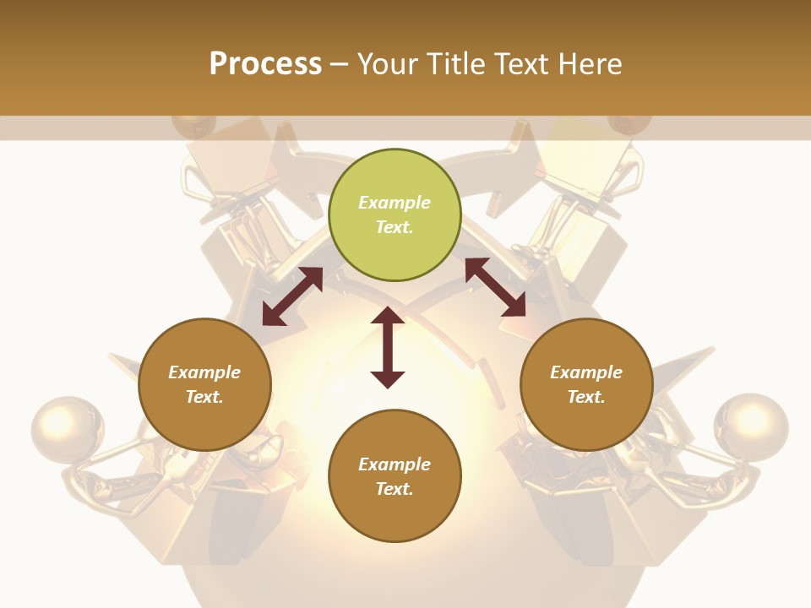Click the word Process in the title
[265, 64]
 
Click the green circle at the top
[395, 215]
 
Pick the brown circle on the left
[204, 384]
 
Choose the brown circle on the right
[586, 384]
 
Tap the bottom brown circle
[395, 476]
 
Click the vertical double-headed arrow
[388, 347]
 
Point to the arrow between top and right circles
[495, 287]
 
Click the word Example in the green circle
[395, 203]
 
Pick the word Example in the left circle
[204, 372]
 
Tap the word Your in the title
[387, 64]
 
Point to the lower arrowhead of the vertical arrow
[388, 378]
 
